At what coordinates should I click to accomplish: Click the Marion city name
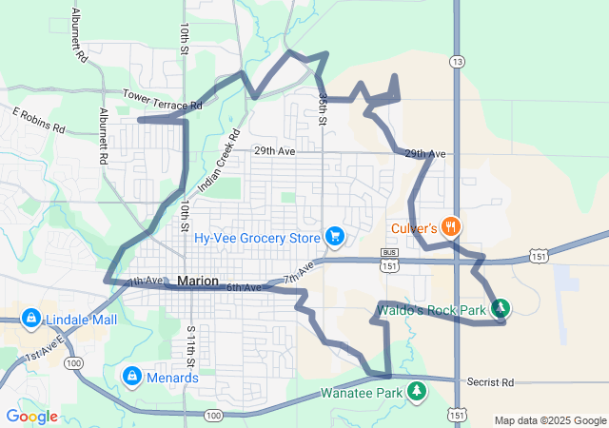pyautogui.click(x=197, y=282)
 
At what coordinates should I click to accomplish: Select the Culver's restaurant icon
pyautogui.click(x=451, y=227)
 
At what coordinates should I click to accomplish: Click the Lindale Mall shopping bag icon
pyautogui.click(x=30, y=318)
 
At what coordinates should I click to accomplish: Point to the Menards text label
pyautogui.click(x=172, y=377)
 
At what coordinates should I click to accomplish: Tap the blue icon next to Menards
pyautogui.click(x=131, y=377)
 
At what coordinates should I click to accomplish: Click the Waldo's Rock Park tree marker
pyautogui.click(x=500, y=307)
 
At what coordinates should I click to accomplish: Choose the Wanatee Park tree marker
pyautogui.click(x=417, y=391)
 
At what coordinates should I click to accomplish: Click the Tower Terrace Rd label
pyautogui.click(x=163, y=99)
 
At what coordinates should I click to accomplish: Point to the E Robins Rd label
pyautogui.click(x=38, y=120)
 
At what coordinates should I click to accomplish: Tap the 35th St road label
pyautogui.click(x=324, y=110)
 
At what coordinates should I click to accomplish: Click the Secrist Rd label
pyautogui.click(x=490, y=381)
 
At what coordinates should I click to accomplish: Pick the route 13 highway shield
pyautogui.click(x=459, y=61)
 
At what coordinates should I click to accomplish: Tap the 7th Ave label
pyautogui.click(x=297, y=279)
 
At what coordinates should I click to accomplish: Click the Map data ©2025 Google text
pyautogui.click(x=550, y=420)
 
